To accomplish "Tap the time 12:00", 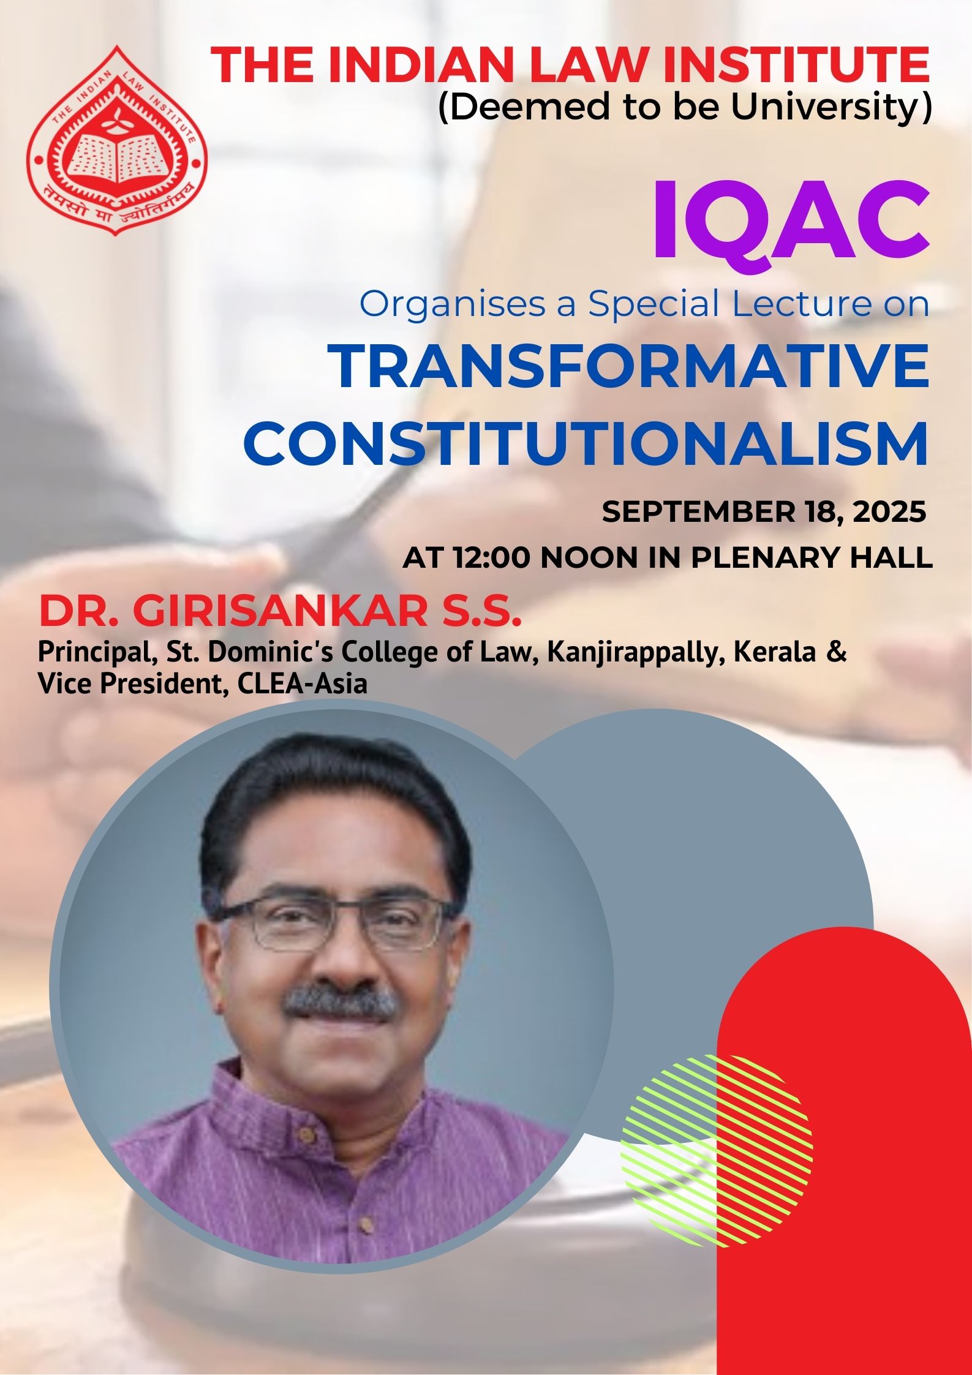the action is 492,558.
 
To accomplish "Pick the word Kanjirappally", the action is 636,654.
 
